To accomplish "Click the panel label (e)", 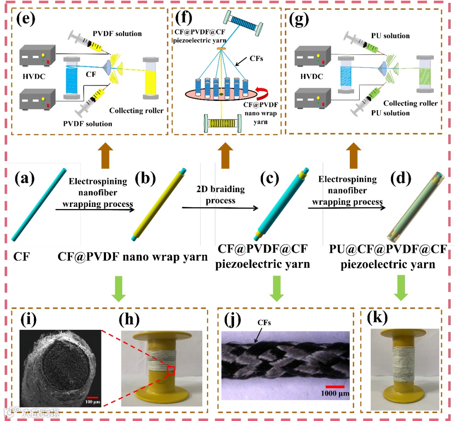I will (25, 20).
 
